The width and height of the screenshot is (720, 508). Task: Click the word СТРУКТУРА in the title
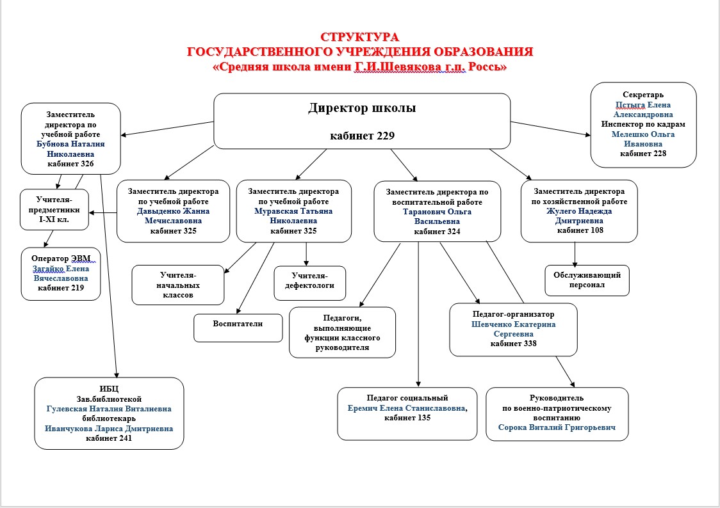tap(359, 37)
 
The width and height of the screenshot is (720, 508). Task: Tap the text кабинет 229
tap(362, 136)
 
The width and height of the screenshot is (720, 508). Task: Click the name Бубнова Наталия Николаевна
tap(70, 149)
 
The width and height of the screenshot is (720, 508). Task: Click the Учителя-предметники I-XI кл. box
tap(54, 209)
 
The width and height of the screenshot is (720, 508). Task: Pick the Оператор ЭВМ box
tap(61, 273)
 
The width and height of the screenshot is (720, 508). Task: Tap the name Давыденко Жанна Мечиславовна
tap(173, 216)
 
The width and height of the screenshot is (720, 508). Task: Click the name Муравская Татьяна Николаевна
tap(293, 216)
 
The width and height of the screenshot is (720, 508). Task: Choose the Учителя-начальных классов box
tap(178, 285)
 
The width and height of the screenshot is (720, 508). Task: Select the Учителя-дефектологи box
tap(310, 283)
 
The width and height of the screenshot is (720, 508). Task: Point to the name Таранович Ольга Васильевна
tap(437, 216)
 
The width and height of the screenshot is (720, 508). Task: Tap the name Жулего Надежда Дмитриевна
tap(579, 216)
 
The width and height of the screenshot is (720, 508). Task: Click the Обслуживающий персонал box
tap(587, 280)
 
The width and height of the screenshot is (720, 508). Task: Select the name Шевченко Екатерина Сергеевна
tap(513, 329)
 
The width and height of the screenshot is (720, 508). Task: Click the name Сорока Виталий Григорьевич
tap(556, 427)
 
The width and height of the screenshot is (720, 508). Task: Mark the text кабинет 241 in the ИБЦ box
tap(109, 438)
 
